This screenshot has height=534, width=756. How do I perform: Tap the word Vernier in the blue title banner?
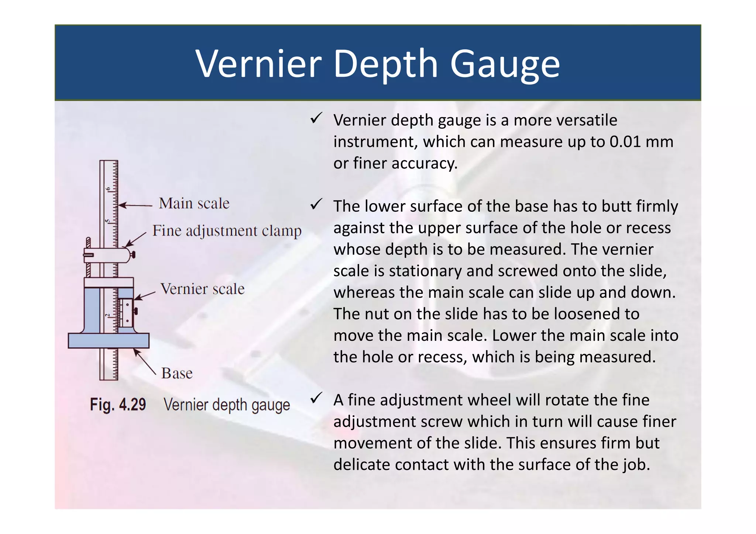(x=259, y=64)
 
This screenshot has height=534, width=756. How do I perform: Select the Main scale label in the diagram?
(x=194, y=203)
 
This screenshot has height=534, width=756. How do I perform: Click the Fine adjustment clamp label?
(x=227, y=231)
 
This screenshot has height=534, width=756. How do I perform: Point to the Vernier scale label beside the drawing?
(x=203, y=289)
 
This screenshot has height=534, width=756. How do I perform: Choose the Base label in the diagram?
(x=177, y=373)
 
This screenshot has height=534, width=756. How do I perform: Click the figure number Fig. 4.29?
(x=118, y=405)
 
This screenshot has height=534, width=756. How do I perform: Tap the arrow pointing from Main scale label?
(x=135, y=205)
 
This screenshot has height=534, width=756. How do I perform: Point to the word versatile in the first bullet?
(x=587, y=120)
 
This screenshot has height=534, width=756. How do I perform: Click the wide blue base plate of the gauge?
(x=109, y=340)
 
